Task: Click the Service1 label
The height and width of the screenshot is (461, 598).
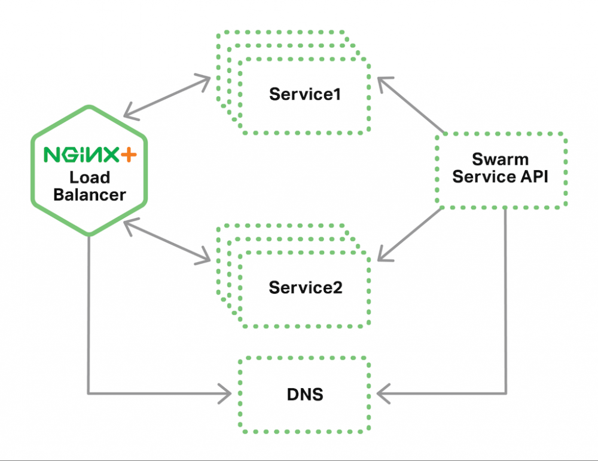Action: tap(305, 94)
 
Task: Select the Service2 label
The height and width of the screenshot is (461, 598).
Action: tap(305, 287)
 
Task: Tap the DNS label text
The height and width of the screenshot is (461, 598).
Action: tap(305, 394)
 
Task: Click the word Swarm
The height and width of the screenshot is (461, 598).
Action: tap(500, 159)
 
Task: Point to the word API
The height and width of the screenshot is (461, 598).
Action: tap(533, 177)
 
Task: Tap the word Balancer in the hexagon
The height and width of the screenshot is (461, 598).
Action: tap(89, 195)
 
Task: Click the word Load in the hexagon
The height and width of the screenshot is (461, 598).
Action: tap(90, 177)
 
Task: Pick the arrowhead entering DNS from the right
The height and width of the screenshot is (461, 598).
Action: tap(382, 394)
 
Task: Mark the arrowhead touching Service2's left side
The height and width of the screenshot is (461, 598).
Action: tap(206, 259)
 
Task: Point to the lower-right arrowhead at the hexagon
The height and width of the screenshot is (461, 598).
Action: tap(127, 223)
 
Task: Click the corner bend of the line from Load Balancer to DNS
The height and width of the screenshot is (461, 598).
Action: tap(89, 394)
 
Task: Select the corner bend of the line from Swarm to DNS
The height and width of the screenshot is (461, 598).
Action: tap(507, 394)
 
